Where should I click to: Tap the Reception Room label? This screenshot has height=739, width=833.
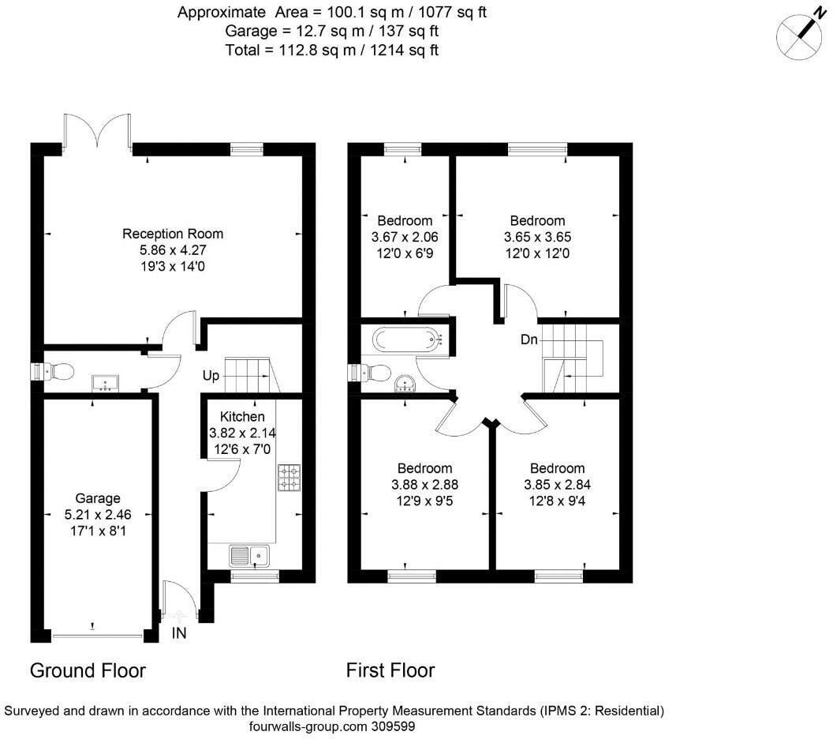(x=173, y=234)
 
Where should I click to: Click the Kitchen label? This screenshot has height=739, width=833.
(x=242, y=417)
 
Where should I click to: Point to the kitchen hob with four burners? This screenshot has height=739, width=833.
(x=289, y=477)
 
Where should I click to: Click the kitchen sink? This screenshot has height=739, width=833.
(x=250, y=556)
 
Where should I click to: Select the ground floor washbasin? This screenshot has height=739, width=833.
(x=104, y=384)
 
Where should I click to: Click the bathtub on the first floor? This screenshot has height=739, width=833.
(x=407, y=341)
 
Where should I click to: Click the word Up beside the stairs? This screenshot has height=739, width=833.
(x=211, y=376)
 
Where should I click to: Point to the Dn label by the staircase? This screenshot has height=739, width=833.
(x=529, y=340)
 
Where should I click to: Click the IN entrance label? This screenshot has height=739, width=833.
(x=180, y=633)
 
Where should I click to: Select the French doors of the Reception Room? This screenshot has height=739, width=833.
(x=97, y=129)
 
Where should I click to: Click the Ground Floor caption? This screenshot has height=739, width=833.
(x=88, y=671)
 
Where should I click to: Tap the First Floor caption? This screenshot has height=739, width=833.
(x=390, y=671)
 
